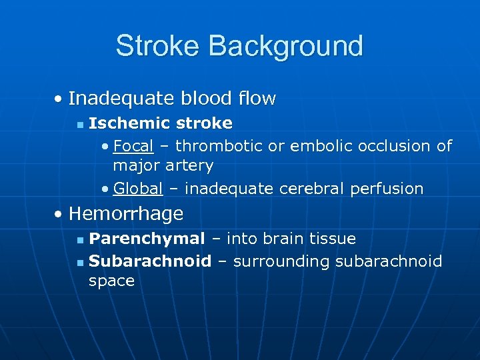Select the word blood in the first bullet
coord(201,99)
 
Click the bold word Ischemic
coord(127,123)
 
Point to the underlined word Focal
coord(133,145)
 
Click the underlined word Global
coord(138,189)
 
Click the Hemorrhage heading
coord(125,214)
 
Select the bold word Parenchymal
coord(147,239)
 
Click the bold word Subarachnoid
coord(150,261)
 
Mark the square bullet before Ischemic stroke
coord(79,124)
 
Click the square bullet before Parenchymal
coord(79,239)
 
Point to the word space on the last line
coord(111,281)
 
